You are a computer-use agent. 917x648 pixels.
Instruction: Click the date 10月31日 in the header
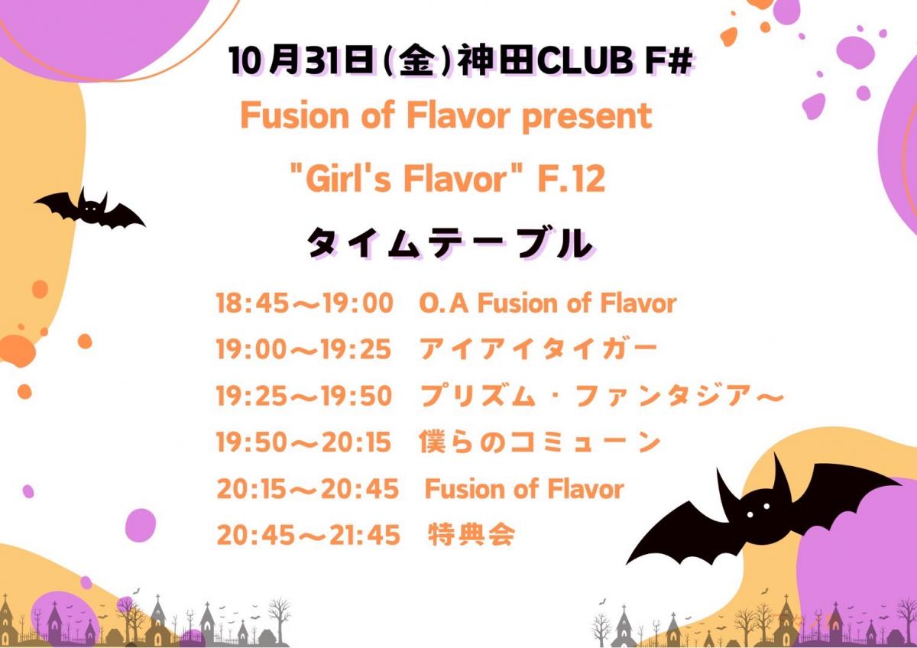tap(302, 61)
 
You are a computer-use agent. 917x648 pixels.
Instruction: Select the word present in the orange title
tap(587, 117)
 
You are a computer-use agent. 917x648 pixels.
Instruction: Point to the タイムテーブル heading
tap(450, 244)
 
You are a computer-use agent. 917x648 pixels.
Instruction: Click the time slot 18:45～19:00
tap(305, 303)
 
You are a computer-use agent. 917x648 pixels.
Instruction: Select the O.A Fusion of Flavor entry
tap(548, 303)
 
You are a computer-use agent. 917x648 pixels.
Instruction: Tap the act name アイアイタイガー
tap(538, 349)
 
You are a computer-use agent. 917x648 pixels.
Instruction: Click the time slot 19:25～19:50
tap(304, 396)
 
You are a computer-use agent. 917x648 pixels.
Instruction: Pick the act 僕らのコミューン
tap(540, 442)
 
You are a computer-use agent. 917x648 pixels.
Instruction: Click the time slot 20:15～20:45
tap(307, 489)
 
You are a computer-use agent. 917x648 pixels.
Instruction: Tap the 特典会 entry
tap(471, 535)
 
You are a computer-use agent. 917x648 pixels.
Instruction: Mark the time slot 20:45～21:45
tap(308, 535)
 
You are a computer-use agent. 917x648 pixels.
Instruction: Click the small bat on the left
tap(89, 209)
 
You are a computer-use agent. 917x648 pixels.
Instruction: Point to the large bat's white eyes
tap(758, 510)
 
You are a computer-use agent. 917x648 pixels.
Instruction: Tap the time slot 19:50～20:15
tap(304, 442)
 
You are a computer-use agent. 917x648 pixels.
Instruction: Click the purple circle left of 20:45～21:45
tap(141, 525)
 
